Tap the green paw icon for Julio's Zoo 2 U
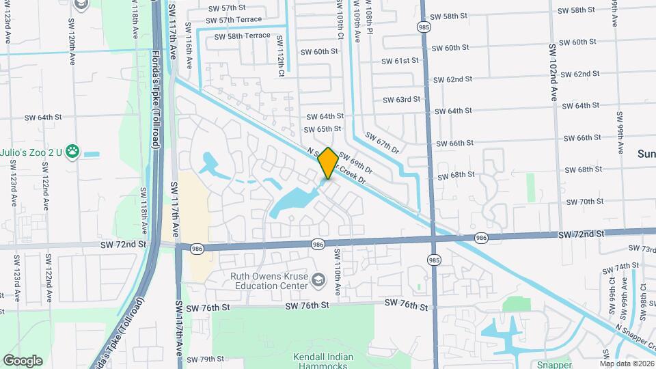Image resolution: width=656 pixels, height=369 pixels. [x=72, y=152]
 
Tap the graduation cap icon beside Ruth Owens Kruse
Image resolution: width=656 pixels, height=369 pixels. [x=318, y=280]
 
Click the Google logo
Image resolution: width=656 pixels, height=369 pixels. [x=23, y=360]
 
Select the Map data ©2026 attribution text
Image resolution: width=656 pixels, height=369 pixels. [x=626, y=364]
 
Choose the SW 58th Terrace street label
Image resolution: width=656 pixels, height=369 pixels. [x=242, y=36]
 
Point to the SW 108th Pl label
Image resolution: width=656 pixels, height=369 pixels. [x=370, y=20]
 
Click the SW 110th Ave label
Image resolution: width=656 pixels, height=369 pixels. [x=337, y=266]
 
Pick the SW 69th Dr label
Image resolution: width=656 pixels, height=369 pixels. [x=355, y=162]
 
